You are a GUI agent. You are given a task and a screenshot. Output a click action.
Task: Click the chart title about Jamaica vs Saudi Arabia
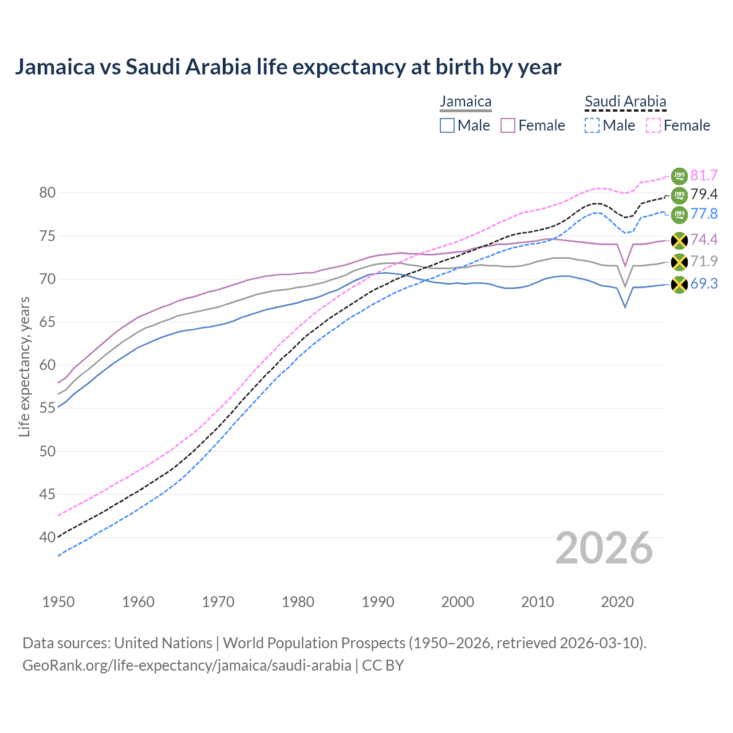[x=287, y=67]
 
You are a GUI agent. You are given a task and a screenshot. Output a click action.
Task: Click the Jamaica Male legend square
[x=447, y=125]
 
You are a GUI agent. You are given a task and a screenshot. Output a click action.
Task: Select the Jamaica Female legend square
[x=508, y=125]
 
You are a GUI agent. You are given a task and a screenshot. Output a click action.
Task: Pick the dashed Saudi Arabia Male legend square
[x=592, y=125]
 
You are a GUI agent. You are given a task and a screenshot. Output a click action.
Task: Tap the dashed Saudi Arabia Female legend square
[x=653, y=125]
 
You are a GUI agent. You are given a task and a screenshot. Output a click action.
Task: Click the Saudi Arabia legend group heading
[x=625, y=102]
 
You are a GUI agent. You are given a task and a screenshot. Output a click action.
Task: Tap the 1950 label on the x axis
[x=58, y=602]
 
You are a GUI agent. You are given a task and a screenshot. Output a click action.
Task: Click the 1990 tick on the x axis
[x=378, y=602]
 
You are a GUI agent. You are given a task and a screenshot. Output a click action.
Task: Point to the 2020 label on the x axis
[x=617, y=602]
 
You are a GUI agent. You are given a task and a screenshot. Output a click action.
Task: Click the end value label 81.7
[x=704, y=175]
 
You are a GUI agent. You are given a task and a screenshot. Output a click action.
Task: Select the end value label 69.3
[x=704, y=283]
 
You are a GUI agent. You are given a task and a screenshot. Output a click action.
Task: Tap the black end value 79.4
[x=704, y=195]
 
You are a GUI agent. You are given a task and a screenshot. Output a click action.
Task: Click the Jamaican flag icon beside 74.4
[x=679, y=240]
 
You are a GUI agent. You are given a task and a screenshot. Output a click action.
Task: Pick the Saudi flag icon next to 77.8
[x=679, y=215]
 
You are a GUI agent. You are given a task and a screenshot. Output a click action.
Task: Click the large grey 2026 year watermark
[x=604, y=548]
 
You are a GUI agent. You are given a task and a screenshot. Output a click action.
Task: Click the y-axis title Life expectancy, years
[x=24, y=366]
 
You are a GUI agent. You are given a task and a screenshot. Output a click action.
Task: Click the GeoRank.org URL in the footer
[x=187, y=665]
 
